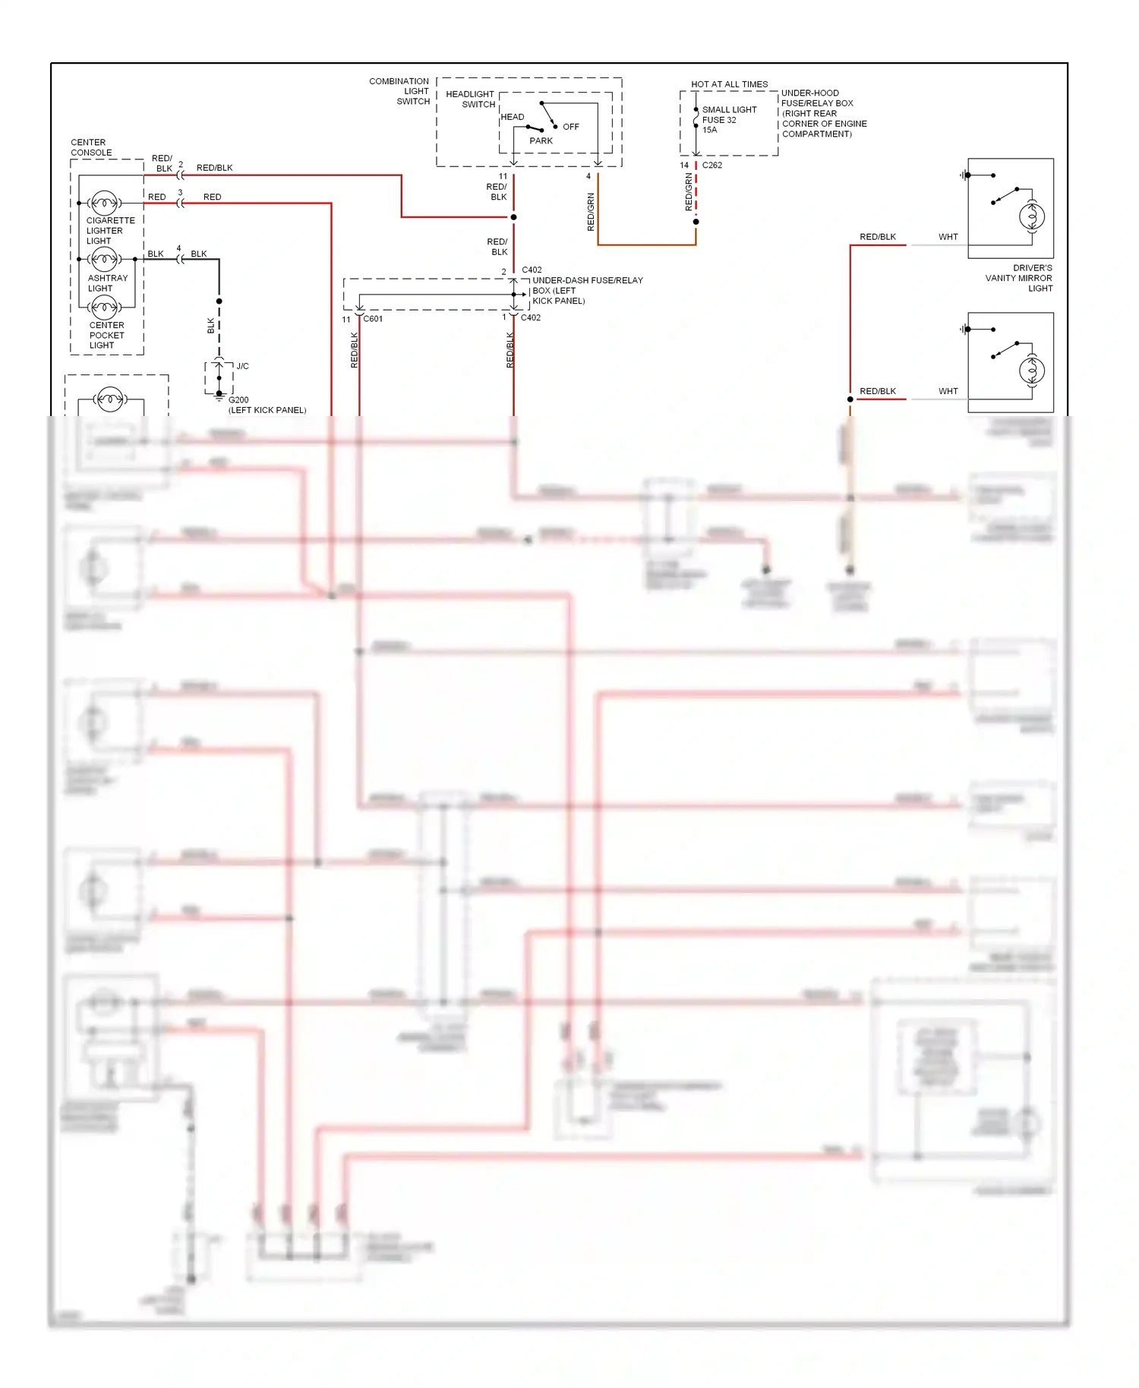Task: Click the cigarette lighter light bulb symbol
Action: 104,203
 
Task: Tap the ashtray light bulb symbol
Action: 104,260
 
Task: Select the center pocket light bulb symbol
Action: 104,308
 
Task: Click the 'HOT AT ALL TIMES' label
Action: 729,84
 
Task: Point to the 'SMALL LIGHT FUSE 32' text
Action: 728,115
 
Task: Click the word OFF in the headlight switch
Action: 571,127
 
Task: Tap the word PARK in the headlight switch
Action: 541,140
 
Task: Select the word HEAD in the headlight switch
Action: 512,117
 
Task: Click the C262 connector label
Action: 712,165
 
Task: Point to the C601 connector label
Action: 373,319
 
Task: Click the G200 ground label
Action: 238,399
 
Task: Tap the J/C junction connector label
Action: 242,366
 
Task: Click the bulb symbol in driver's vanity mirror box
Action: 1032,217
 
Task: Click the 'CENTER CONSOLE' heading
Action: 91,147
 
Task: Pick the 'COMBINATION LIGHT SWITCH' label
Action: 400,91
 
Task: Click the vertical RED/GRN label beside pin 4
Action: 591,212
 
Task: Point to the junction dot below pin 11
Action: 514,217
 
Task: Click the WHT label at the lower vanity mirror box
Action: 948,391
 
